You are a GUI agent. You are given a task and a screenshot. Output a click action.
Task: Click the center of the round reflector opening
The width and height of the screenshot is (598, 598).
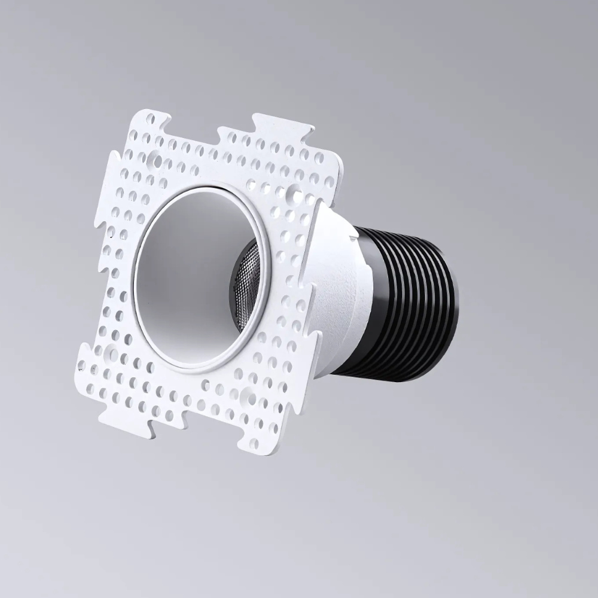pyautogui.click(x=197, y=278)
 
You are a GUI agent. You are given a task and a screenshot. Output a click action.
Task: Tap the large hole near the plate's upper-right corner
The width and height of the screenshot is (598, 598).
pyautogui.click(x=294, y=193)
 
